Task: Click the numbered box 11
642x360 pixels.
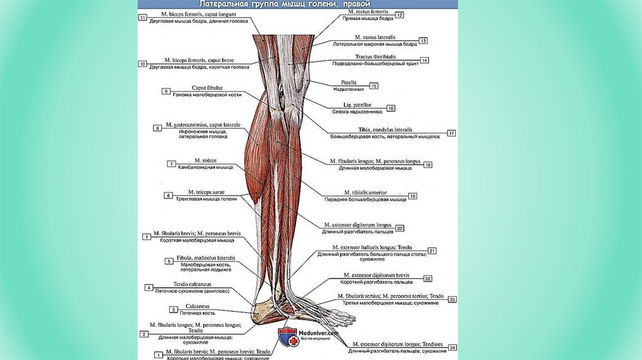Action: coord(143,16)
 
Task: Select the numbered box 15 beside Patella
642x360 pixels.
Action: coord(374,86)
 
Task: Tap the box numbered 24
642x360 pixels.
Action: coord(453,347)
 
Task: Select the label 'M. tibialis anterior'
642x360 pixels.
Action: coord(366,192)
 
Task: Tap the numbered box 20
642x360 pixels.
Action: coord(399,228)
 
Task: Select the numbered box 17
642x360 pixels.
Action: coord(451,133)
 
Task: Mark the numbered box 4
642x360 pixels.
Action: coord(149,288)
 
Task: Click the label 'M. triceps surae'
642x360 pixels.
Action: coord(206,191)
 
